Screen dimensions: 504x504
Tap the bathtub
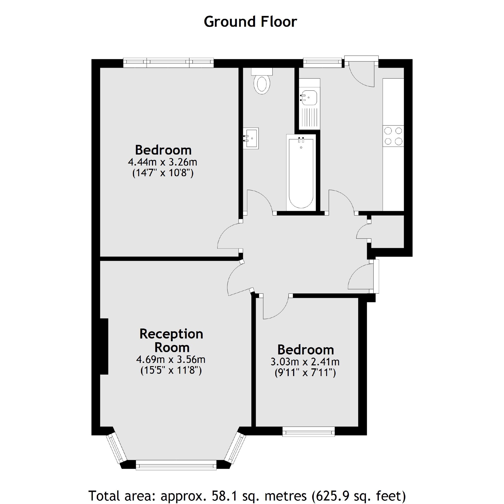pos(301,173)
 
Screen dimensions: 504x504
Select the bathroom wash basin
pos(251,138)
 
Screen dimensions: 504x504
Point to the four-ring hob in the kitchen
pos(393,136)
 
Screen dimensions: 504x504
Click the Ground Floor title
pos(250,22)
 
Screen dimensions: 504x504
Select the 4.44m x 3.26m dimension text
pos(162,162)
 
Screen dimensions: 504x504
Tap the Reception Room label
pos(171,341)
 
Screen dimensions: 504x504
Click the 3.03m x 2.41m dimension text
pos(305,362)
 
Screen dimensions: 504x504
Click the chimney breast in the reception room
pos(104,346)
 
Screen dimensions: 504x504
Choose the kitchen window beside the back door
pos(322,62)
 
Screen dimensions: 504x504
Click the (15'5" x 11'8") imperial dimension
pos(171,370)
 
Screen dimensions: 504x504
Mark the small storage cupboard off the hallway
pos(387,231)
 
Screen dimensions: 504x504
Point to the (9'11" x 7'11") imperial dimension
pos(305,373)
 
